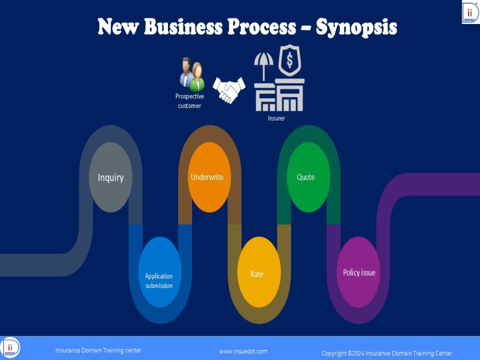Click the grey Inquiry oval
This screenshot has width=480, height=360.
110,177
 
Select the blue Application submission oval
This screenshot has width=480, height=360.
160,272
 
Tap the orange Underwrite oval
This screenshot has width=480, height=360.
209,177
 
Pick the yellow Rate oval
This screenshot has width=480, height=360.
259,272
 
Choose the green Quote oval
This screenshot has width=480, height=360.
309,177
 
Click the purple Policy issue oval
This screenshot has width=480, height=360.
359,272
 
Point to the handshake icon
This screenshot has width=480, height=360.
229,90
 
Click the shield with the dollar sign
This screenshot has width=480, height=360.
289,60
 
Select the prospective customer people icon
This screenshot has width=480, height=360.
192,74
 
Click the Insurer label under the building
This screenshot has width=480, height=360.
276,118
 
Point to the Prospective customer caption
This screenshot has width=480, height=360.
190,101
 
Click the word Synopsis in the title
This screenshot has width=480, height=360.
356,27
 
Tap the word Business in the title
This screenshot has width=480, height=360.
183,26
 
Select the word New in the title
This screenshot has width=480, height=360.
119,26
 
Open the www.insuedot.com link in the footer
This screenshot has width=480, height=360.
243,351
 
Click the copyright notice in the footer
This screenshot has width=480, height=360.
386,353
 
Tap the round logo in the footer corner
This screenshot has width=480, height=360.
10,348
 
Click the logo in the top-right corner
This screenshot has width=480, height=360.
470,12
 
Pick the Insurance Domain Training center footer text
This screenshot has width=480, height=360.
98,350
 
